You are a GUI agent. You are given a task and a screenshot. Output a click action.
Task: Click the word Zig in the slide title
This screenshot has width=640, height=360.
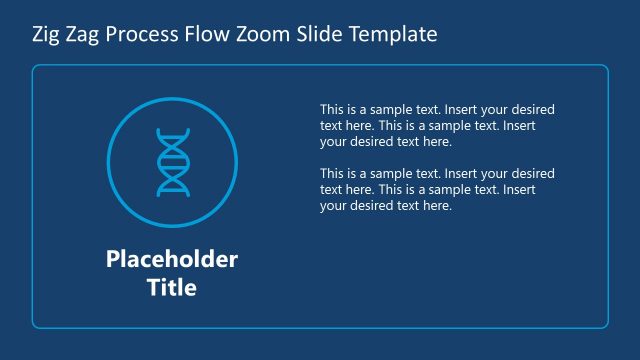[x=46, y=35]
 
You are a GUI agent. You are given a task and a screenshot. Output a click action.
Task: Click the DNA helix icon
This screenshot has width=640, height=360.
[x=172, y=162]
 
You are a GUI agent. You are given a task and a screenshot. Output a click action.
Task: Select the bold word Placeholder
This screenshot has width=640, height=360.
[x=172, y=260]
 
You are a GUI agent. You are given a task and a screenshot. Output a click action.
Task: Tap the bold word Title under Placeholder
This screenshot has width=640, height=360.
[x=172, y=288]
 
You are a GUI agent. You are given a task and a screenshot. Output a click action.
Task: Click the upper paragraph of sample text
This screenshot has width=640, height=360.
[x=437, y=125]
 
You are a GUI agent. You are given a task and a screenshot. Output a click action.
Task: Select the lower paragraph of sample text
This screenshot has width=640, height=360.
[x=437, y=190]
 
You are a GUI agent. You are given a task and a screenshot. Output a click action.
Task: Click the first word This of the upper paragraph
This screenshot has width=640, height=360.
[x=332, y=109]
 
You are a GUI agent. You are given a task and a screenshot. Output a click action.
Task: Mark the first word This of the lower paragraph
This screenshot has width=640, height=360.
[x=332, y=174]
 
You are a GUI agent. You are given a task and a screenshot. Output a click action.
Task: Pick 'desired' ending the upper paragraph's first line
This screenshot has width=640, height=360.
[x=533, y=109]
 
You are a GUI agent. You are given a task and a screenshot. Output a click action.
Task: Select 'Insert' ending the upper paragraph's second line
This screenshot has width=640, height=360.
[x=519, y=126]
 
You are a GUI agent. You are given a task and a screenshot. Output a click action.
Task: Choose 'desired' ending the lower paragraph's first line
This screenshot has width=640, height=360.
[x=533, y=174]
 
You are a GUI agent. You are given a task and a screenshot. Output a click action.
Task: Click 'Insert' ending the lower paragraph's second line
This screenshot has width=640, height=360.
[x=519, y=190]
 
